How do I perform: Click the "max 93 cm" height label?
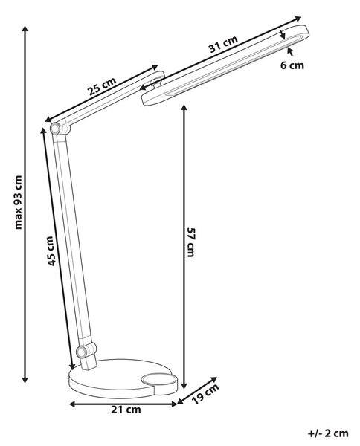pyautogui.click(x=18, y=202)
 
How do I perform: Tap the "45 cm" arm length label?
pyautogui.click(x=51, y=251)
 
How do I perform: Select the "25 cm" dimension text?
pyautogui.click(x=102, y=86)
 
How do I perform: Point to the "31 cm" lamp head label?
pyautogui.click(x=223, y=45)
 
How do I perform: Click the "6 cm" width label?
pyautogui.click(x=292, y=65)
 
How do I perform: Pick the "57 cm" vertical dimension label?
pyautogui.click(x=190, y=242)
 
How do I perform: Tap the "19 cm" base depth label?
pyautogui.click(x=205, y=394)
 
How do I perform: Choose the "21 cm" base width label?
pyautogui.click(x=126, y=410)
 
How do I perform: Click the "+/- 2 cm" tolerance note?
pyautogui.click(x=328, y=433)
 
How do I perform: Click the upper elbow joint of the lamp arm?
pyautogui.click(x=55, y=129)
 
